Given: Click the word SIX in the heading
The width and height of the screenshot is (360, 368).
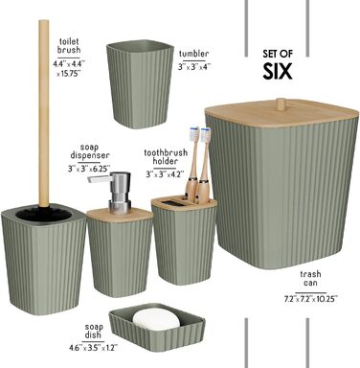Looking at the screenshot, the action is coord(278,71).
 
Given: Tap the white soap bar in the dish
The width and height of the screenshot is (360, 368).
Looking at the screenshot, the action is coord(156,319).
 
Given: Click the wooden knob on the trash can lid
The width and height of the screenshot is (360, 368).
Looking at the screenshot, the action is coord(281,104).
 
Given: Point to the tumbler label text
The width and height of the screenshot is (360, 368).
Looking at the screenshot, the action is coord(194,54).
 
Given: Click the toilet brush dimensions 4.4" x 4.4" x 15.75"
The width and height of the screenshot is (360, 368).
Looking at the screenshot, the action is coord(69,69).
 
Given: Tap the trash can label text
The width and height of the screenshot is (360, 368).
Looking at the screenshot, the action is coord(310,279).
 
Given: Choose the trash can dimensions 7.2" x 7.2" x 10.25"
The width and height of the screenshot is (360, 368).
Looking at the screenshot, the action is coord(310,299).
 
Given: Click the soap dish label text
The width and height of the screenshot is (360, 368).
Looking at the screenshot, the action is coord(93,331).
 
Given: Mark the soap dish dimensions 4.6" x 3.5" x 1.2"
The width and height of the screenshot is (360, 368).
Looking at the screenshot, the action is coord(93,348).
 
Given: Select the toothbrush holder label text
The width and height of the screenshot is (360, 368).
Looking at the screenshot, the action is coord(166,157).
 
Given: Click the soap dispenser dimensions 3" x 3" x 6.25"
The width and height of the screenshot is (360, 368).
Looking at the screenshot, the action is coord(89,169).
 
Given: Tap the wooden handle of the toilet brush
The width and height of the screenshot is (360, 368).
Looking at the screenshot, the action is coord(44,113).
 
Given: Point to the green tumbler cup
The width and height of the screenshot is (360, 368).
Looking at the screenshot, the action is coord(140,83).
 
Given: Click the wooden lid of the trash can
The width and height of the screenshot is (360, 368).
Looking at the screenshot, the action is coord(281,113).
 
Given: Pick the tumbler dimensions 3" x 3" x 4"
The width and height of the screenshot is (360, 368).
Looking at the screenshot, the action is coord(194,67).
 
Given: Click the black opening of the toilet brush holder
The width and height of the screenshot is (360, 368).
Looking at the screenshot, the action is coord(43,214).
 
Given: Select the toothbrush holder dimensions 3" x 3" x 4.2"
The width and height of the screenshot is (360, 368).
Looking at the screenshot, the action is coord(166,174).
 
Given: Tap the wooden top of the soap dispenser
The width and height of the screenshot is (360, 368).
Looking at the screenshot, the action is coord(120,215).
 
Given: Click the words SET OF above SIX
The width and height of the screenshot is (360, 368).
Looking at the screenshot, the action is coord(278,54).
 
